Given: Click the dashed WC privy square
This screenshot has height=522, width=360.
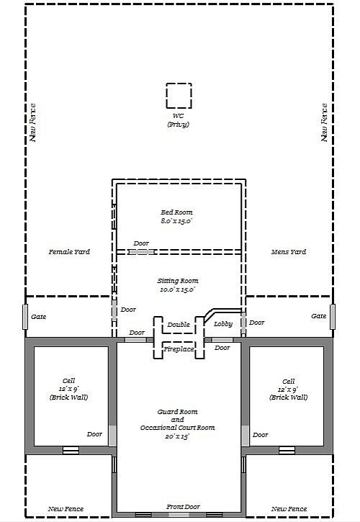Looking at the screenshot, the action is [166, 96].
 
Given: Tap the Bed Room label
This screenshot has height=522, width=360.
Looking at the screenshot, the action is [176, 212].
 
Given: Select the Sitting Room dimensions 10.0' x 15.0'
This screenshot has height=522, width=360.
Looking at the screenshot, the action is [177, 289].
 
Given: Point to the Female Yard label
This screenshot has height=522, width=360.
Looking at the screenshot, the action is [69, 252].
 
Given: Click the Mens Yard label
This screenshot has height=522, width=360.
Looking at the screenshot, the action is [289, 252].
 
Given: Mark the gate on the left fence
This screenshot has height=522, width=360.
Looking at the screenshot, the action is [25, 317].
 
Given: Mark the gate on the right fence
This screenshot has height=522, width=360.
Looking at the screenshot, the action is [333, 317].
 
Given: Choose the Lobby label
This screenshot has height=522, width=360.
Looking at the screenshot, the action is [222, 323].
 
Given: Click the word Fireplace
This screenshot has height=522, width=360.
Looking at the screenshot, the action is [179, 349].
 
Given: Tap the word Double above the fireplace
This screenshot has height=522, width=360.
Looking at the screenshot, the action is [179, 324].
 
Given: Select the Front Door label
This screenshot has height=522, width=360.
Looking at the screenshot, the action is [183, 507].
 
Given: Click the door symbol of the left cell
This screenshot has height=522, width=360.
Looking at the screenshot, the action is [112, 436].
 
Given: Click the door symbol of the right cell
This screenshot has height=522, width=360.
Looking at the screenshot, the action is [245, 436].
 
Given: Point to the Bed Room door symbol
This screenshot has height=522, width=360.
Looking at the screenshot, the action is [142, 252].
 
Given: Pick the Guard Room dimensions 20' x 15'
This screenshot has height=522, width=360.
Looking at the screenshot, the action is [177, 436].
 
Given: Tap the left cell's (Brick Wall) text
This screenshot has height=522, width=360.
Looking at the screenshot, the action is [68, 397].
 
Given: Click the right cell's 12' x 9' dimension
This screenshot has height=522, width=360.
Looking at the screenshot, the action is [288, 390].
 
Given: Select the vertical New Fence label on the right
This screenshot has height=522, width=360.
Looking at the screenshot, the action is [325, 122].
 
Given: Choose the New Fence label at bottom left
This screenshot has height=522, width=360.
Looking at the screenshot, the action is [66, 509].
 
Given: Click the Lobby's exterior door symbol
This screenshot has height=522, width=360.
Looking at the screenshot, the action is [243, 323].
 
